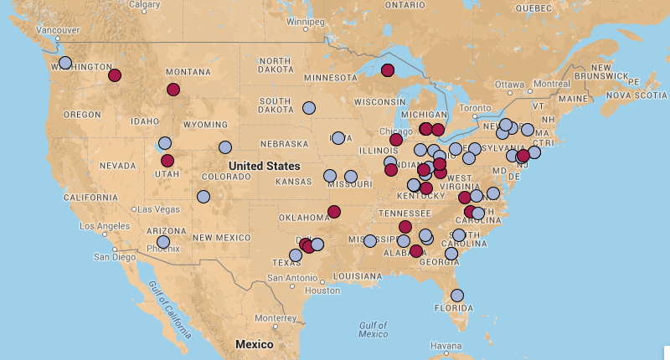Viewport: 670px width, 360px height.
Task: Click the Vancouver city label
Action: tap(59, 31)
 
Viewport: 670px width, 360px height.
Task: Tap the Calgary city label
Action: tap(145, 5)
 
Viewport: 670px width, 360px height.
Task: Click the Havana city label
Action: tap(445, 346)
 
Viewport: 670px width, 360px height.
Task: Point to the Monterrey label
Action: tap(276, 318)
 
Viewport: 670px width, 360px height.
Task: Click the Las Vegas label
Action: tap(155, 208)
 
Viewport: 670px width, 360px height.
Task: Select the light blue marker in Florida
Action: tap(457, 296)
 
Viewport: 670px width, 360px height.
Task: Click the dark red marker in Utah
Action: tap(167, 161)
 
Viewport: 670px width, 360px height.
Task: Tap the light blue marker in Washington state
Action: tap(65, 63)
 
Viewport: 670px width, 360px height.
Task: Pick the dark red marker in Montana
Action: tap(173, 90)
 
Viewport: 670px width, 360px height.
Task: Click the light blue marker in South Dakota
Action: tap(308, 108)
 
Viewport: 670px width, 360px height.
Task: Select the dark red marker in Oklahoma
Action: tap(334, 212)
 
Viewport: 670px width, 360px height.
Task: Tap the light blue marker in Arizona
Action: tap(163, 242)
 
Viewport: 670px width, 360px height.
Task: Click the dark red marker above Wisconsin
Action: tap(388, 70)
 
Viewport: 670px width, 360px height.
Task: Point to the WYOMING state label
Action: tap(205, 125)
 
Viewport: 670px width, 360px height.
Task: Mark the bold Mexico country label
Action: tap(254, 344)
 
